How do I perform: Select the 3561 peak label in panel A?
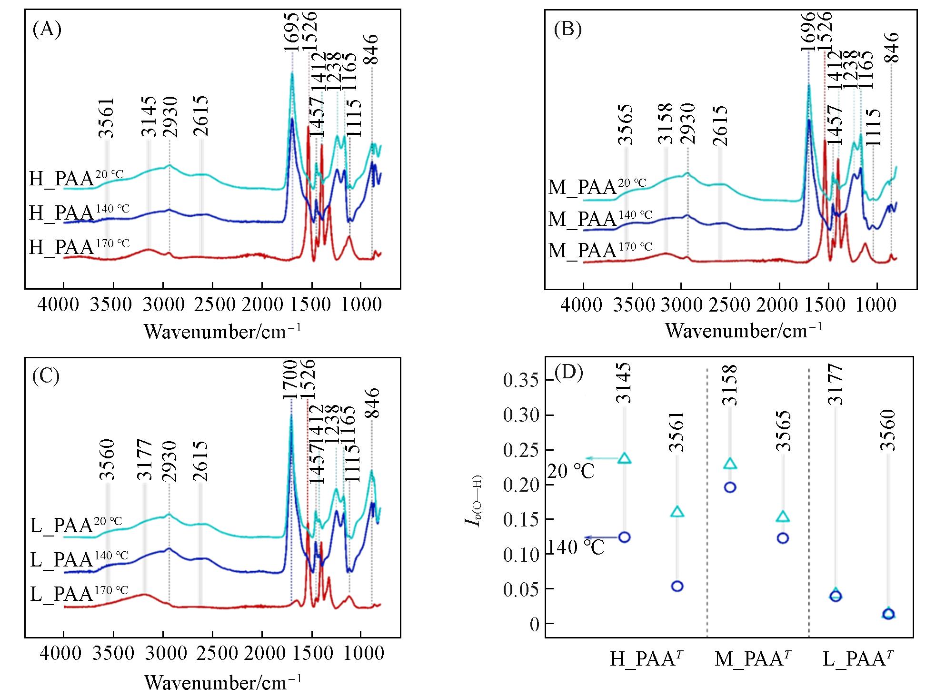[x=107, y=118]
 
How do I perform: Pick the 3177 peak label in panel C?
[x=144, y=461]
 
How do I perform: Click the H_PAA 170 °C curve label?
[x=79, y=247]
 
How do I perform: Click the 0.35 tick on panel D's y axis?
[x=521, y=381]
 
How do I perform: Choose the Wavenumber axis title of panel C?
[x=222, y=682]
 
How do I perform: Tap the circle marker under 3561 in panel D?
[x=677, y=586]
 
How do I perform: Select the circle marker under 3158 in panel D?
[x=730, y=487]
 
